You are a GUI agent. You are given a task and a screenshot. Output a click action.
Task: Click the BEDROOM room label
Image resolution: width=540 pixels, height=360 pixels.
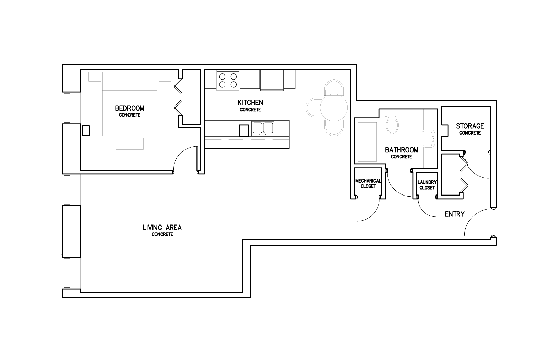tap(130, 108)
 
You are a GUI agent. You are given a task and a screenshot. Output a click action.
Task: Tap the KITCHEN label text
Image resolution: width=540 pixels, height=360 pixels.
tap(250, 103)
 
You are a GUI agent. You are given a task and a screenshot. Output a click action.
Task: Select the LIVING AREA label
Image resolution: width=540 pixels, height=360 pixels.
tap(162, 228)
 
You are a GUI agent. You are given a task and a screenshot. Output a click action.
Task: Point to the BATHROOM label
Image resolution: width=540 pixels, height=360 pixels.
tap(401, 150)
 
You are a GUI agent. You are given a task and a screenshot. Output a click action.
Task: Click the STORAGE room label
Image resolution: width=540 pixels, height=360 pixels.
tap(470, 126)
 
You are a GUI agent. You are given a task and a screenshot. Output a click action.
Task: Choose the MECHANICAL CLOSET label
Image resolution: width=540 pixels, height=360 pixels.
tap(368, 183)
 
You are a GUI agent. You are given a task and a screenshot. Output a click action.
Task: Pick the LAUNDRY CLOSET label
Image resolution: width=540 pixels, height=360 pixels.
tap(427, 185)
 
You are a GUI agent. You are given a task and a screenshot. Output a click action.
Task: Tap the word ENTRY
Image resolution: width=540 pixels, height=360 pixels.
tap(455, 214)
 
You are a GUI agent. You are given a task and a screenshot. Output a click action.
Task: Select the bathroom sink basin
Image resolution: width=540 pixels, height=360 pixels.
tap(428, 139)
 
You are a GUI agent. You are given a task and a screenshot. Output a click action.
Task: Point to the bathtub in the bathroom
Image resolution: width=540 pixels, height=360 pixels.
tap(367, 142)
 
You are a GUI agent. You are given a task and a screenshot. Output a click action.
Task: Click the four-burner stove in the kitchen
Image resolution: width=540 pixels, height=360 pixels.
tap(228, 81)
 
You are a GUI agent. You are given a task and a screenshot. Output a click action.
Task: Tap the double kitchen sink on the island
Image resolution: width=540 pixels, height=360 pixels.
tap(262, 128)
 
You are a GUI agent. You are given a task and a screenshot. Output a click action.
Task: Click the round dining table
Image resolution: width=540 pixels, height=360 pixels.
tap(334, 108)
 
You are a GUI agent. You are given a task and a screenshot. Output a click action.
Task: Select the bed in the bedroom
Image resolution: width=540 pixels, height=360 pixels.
tap(130, 104)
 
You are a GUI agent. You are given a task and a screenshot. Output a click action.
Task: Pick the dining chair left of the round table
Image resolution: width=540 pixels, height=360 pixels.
tap(313, 108)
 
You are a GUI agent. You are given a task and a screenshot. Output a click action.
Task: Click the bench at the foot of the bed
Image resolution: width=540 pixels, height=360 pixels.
tap(130, 144)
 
